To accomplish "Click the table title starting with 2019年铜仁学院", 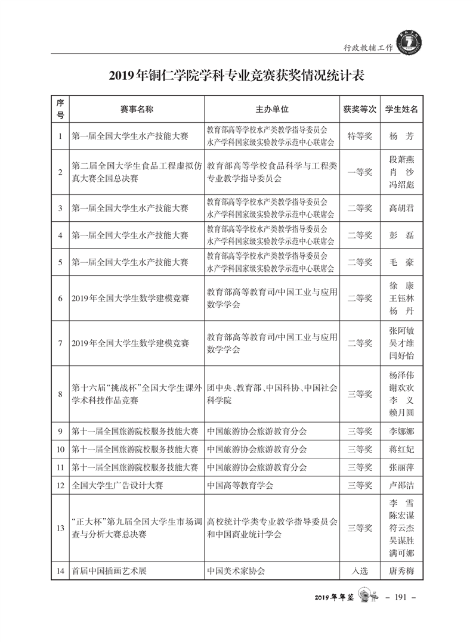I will [236, 76].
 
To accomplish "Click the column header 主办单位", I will [272, 109].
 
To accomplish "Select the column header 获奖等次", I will [360, 109].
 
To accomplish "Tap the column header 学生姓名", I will [401, 109].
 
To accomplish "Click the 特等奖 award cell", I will [360, 136].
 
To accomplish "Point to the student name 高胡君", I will [401, 208].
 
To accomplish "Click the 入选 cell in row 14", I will [360, 570].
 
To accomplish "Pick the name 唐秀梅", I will [401, 570].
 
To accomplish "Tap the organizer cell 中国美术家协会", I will [236, 570].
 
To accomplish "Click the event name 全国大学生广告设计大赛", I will [116, 485].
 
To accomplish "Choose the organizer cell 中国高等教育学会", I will [240, 485].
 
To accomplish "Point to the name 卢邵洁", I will [401, 485].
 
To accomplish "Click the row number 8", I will [60, 393].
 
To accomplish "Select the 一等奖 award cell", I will [360, 172].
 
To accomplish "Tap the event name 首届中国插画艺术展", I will [109, 570].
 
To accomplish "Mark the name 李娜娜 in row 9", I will [401, 430].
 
